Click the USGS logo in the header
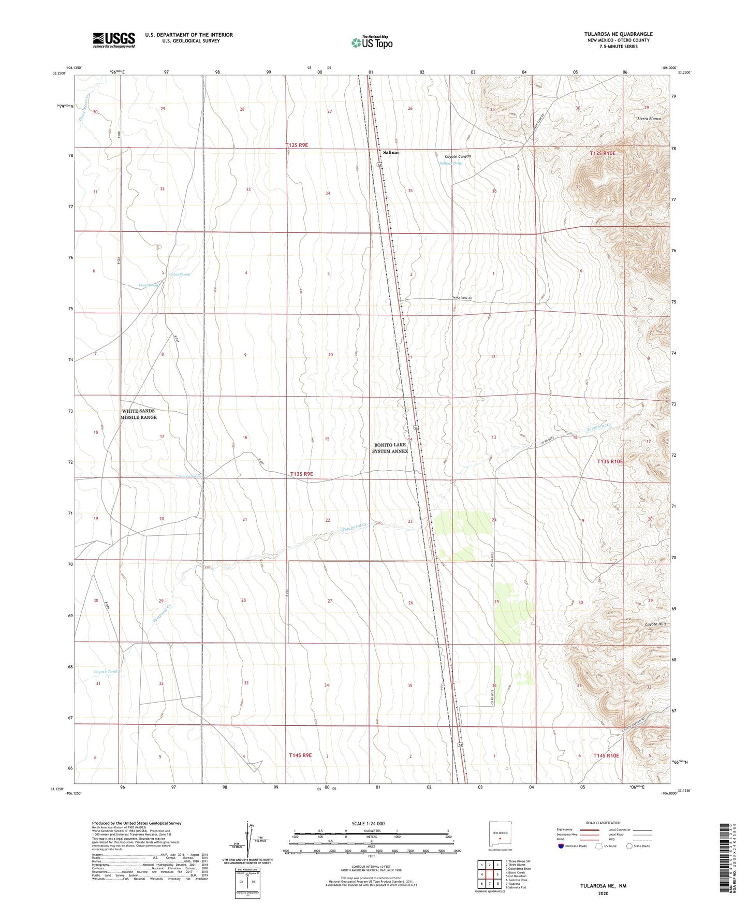coord(113,40)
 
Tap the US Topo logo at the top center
coord(371,42)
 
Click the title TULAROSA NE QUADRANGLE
coord(618,34)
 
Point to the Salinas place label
coord(391,153)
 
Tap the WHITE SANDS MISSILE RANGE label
coord(139,414)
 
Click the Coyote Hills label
coord(655,624)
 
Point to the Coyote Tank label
coord(106,672)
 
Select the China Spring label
coord(180,274)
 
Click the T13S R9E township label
coord(301,474)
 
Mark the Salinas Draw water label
coord(451,163)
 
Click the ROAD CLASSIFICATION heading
coord(603,823)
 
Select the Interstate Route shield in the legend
coord(562,846)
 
